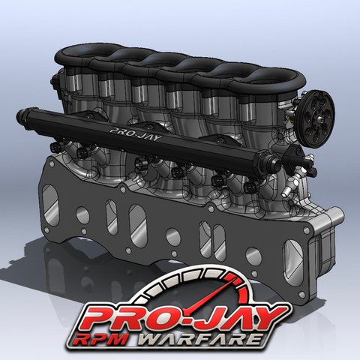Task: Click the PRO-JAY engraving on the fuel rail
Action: [136, 134]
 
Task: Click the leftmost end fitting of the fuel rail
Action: [23, 115]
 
